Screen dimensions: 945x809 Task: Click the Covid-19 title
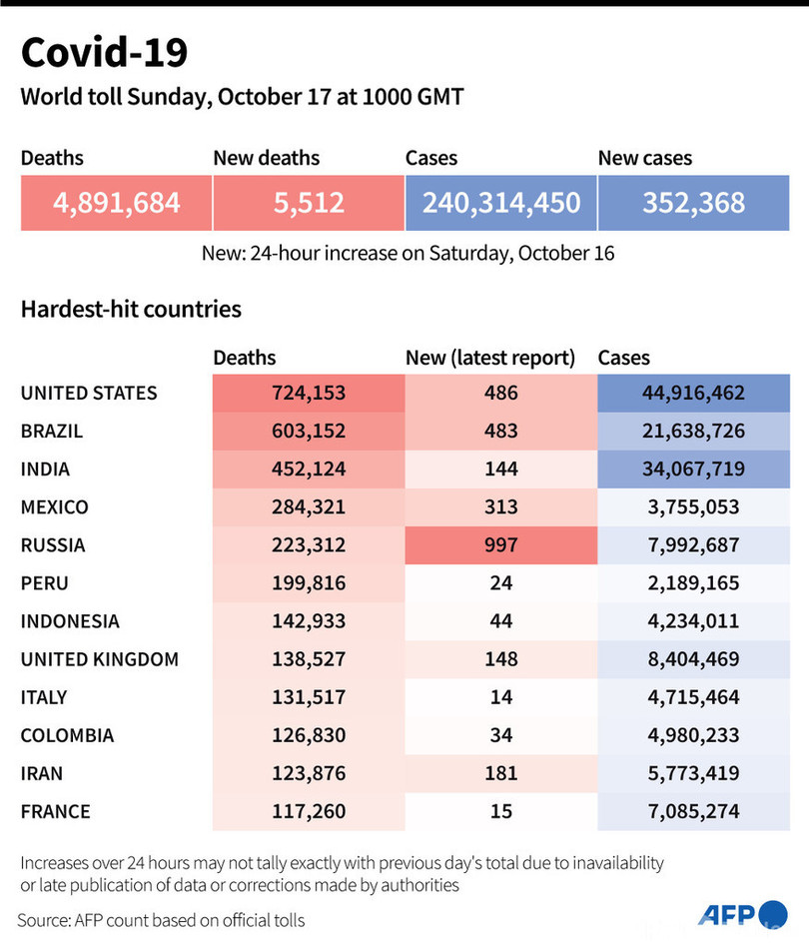pyautogui.click(x=104, y=52)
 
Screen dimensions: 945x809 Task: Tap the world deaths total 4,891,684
pyautogui.click(x=116, y=203)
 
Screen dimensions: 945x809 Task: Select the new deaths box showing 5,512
pyautogui.click(x=308, y=203)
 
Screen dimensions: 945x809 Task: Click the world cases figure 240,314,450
pyautogui.click(x=500, y=203)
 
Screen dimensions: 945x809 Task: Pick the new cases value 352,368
pyautogui.click(x=694, y=203)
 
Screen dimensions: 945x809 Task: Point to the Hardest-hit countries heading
pyautogui.click(x=131, y=309)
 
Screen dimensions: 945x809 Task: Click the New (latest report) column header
pyautogui.click(x=490, y=358)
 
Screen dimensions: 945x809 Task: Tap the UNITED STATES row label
pyautogui.click(x=89, y=393)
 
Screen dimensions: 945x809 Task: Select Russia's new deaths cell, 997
pyautogui.click(x=500, y=545)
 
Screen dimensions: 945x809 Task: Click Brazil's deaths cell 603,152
pyautogui.click(x=308, y=432)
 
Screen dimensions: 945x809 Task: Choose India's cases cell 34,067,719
pyautogui.click(x=694, y=470)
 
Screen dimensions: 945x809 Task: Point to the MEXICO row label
pyautogui.click(x=54, y=507)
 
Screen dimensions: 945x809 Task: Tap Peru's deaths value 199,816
pyautogui.click(x=308, y=583)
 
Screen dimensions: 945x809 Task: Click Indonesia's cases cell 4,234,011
pyautogui.click(x=694, y=621)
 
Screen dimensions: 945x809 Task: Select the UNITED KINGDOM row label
pyautogui.click(x=100, y=659)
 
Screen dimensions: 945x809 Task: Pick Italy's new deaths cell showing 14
pyautogui.click(x=500, y=697)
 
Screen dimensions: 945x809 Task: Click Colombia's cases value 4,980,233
pyautogui.click(x=694, y=735)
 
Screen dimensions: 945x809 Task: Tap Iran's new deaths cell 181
pyautogui.click(x=500, y=773)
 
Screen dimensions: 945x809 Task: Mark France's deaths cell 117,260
pyautogui.click(x=308, y=811)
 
